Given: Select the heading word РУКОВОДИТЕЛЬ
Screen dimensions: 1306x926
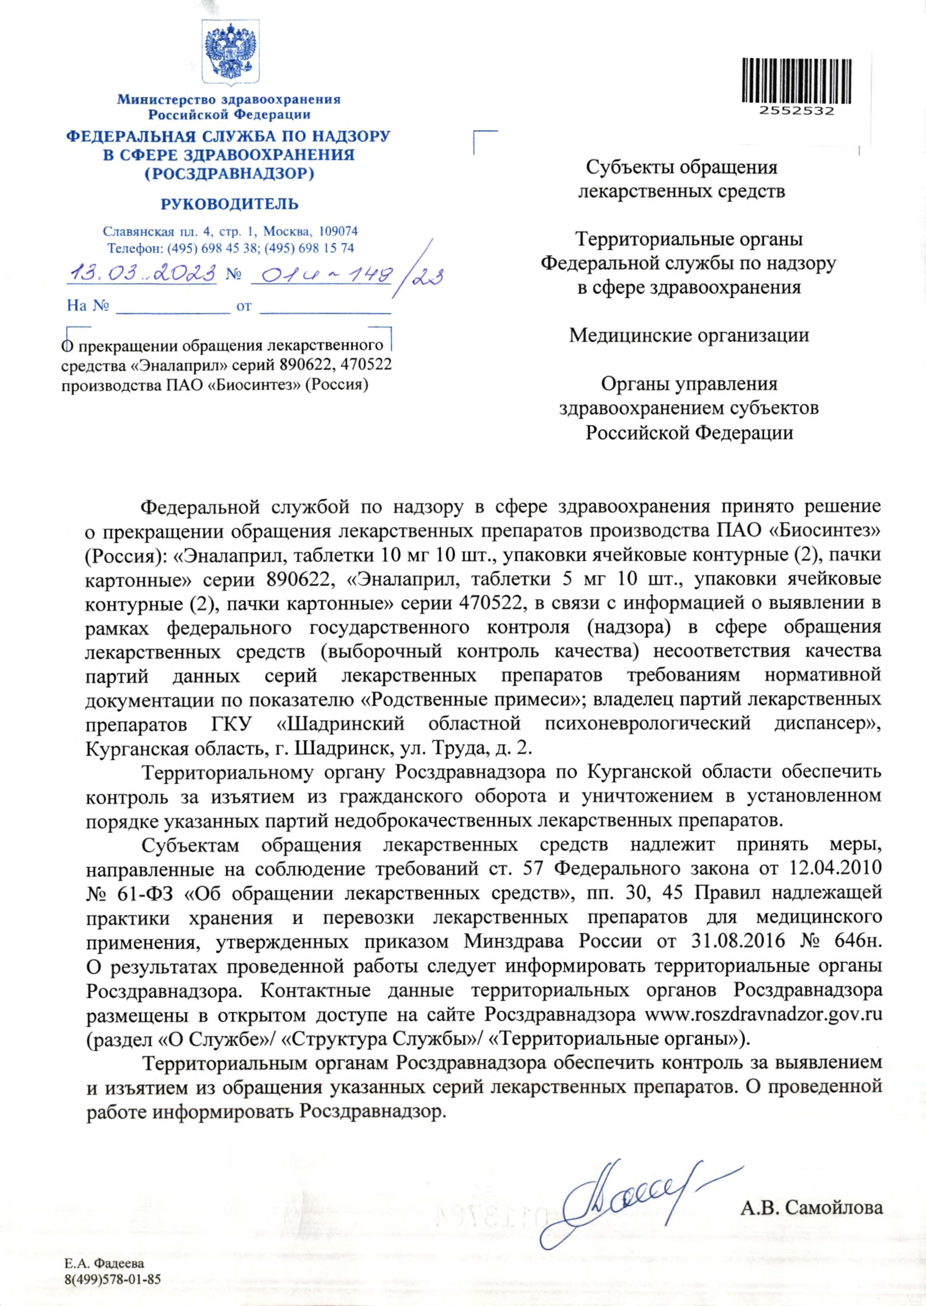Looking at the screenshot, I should coord(230,203).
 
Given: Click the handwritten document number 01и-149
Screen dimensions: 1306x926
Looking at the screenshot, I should coord(322,276).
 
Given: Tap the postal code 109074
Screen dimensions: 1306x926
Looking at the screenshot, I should coord(338,231).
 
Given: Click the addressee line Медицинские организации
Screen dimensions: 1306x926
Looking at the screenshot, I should coord(689,335).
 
